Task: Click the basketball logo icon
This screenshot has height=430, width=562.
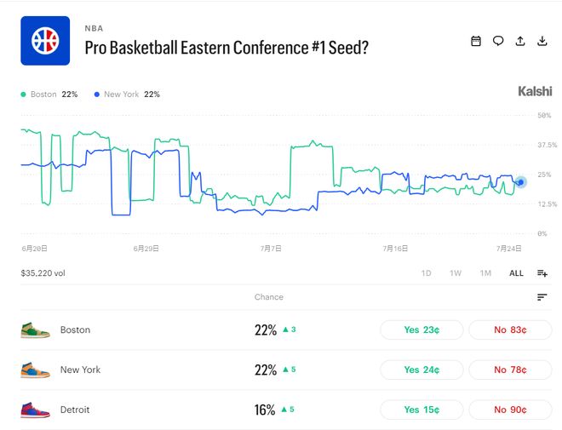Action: (x=45, y=41)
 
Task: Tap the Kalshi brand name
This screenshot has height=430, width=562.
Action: (x=535, y=91)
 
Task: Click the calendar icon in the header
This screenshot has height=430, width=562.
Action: (x=476, y=41)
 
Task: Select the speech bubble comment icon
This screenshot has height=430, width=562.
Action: (x=498, y=41)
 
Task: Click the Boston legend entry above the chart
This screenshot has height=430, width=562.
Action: (x=49, y=95)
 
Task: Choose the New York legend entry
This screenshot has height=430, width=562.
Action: (x=127, y=95)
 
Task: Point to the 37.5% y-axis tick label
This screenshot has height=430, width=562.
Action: (x=548, y=145)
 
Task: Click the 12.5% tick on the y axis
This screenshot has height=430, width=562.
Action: (x=548, y=204)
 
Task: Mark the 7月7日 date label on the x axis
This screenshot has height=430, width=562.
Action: (x=271, y=249)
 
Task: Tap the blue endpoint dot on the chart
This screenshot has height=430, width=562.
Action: (x=521, y=182)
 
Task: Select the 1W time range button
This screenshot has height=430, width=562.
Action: (x=456, y=273)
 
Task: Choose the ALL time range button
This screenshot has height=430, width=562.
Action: (x=516, y=273)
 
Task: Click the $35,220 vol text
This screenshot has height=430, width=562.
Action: (x=43, y=273)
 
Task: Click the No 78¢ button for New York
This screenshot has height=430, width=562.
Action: (x=510, y=370)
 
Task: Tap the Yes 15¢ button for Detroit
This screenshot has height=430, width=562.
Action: (x=421, y=410)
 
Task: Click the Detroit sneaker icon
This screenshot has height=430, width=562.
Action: (x=35, y=410)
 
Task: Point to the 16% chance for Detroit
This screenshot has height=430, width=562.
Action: (x=265, y=410)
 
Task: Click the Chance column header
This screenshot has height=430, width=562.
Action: (x=269, y=297)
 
